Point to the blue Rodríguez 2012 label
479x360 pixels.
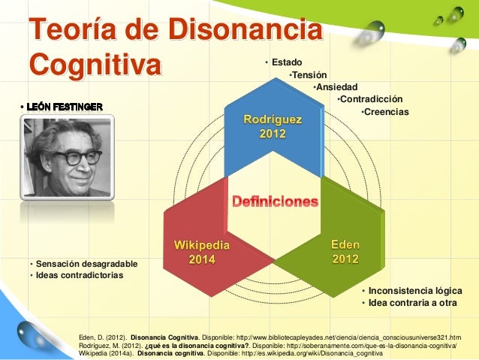pyautogui.click(x=272, y=126)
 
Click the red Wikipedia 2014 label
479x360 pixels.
pyautogui.click(x=202, y=252)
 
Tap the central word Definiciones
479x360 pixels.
pyautogui.click(x=275, y=202)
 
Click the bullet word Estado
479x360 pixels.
pyautogui.click(x=287, y=61)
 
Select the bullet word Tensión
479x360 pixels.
pyautogui.click(x=309, y=74)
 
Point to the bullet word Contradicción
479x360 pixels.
pyautogui.click(x=372, y=99)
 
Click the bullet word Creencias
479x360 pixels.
pyautogui.click(x=387, y=112)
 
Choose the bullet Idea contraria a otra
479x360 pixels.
pyautogui.click(x=412, y=303)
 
